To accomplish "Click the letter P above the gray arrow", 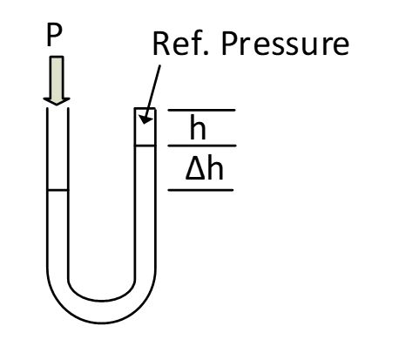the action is click(x=54, y=35).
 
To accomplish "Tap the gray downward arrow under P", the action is click(x=57, y=80).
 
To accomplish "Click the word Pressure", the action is click(x=285, y=44).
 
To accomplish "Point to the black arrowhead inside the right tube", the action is click(x=146, y=118).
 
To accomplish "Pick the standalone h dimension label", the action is click(x=198, y=126).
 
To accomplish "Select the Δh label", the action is click(x=205, y=169).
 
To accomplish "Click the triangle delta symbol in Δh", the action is click(x=196, y=170).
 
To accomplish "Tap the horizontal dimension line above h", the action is click(x=201, y=110).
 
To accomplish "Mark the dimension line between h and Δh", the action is click(x=202, y=146).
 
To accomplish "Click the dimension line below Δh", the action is click(x=200, y=190).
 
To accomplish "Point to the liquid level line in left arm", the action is click(x=57, y=190).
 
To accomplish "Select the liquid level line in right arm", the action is click(x=145, y=146).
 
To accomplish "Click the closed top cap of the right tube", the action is click(x=145, y=109).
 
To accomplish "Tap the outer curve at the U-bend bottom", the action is click(x=101, y=323).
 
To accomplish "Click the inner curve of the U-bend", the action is click(x=101, y=301).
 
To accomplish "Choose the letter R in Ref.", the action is click(x=161, y=44).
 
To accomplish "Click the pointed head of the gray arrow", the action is click(x=57, y=101).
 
